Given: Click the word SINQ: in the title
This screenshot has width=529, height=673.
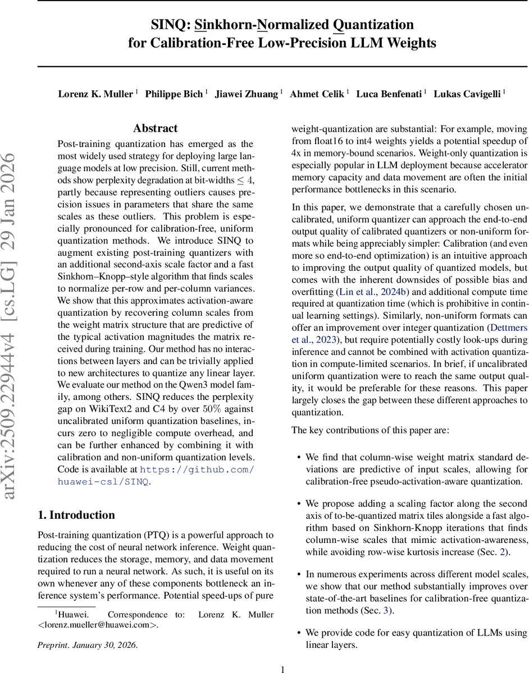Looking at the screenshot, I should (170, 25).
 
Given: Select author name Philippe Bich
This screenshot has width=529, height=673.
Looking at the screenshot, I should (174, 94).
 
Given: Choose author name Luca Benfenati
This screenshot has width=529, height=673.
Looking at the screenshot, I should (388, 94).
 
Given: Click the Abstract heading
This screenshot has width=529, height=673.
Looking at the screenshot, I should (155, 128).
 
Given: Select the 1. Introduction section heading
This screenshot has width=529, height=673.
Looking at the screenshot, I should (76, 515).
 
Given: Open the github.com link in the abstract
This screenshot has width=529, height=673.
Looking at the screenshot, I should (197, 469).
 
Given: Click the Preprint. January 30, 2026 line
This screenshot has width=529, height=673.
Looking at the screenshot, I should (87, 645).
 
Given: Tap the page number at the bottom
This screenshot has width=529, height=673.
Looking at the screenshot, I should (283, 669).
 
